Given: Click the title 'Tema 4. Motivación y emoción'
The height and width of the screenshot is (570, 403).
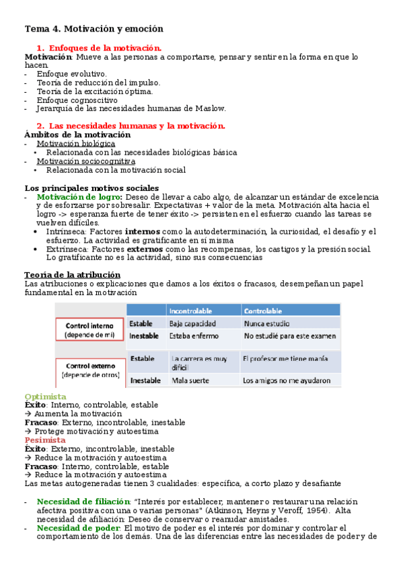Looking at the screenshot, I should point(94,29).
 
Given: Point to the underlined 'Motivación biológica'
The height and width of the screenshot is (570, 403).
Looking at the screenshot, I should point(76,144).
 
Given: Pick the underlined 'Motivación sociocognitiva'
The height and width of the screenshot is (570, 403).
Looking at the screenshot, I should point(85,161).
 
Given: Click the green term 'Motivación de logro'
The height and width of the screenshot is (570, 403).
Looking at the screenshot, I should point(79,197).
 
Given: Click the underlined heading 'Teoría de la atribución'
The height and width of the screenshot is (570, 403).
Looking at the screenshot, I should point(73,275).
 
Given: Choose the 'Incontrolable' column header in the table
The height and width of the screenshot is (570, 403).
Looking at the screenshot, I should point(191,311).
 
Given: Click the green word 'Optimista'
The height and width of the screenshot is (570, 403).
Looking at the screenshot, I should point(45,397).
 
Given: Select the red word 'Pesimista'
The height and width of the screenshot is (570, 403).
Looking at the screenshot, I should point(45,440).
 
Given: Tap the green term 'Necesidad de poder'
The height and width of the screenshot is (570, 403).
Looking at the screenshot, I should point(79,528).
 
